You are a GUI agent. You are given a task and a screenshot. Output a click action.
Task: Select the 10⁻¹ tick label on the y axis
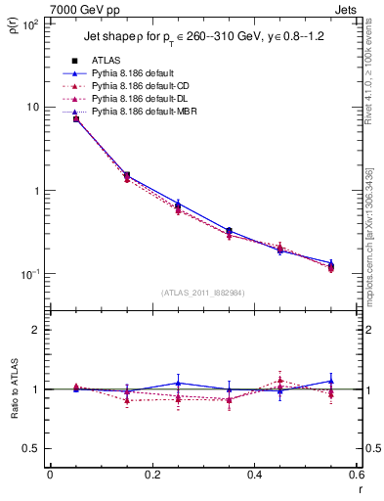click(28, 274)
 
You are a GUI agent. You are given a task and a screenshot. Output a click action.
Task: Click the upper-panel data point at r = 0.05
click(75, 118)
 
